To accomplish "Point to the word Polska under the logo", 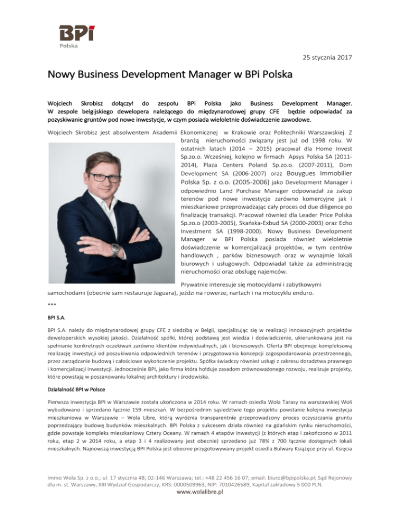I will click(x=69, y=45).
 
